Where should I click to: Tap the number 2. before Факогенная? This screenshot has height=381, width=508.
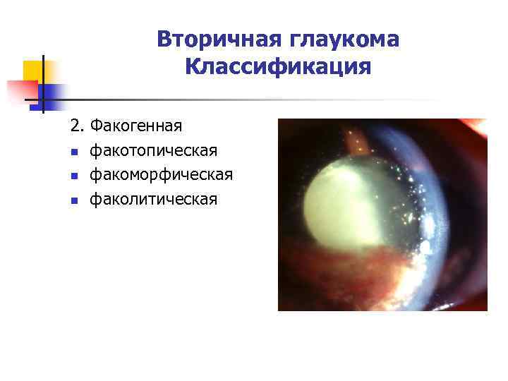point(77,126)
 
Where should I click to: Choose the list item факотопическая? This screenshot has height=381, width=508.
point(153,151)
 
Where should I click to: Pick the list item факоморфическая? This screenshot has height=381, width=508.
point(161,175)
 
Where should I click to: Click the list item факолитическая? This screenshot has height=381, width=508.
point(153,200)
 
